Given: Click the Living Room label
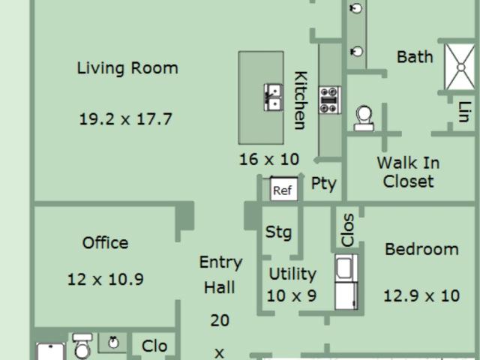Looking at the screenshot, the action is (127, 68).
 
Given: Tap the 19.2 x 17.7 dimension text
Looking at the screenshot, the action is (126, 119).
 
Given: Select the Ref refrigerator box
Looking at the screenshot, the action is (283, 189).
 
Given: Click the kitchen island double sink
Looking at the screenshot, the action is (273, 97).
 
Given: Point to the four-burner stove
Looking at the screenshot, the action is (330, 100).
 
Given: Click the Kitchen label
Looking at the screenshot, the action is (301, 100).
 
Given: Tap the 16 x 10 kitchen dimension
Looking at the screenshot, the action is (269, 160).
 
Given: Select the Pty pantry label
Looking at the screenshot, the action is (323, 184).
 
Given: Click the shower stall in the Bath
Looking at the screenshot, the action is (460, 67).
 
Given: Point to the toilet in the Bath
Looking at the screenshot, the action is (364, 118).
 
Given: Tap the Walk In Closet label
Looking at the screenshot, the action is (408, 172).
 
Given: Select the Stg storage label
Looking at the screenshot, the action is (278, 232).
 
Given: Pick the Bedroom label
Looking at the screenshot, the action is (421, 249).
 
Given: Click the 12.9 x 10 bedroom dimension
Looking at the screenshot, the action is (421, 296).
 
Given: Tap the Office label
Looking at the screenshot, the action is (105, 243).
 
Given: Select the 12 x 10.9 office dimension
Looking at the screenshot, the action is (106, 280).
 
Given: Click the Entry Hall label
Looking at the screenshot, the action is (220, 275).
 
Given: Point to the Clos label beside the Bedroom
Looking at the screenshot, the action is (348, 230).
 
